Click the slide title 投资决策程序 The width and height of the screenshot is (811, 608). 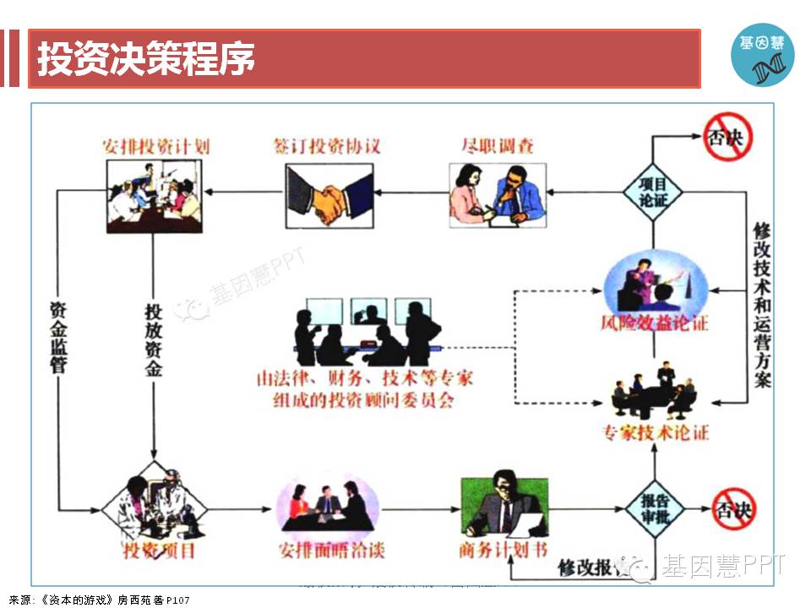pyautogui.click(x=146, y=59)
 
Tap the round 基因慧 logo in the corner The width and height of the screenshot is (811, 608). pyautogui.click(x=762, y=55)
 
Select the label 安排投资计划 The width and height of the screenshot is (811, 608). pyautogui.click(x=156, y=145)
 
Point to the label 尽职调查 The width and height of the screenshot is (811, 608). pyautogui.click(x=498, y=145)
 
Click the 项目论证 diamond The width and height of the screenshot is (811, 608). pyautogui.click(x=653, y=192)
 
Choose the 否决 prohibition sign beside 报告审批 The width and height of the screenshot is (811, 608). pyautogui.click(x=732, y=510)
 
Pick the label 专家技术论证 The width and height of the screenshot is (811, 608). pyautogui.click(x=656, y=433)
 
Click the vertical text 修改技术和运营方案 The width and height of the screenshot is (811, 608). pyautogui.click(x=762, y=304)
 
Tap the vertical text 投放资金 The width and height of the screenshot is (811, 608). pyautogui.click(x=153, y=338)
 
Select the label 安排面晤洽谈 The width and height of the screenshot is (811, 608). pyautogui.click(x=331, y=551)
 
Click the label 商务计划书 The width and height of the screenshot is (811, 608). pyautogui.click(x=502, y=551)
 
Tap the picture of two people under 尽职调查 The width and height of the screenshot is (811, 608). pyautogui.click(x=497, y=194)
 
